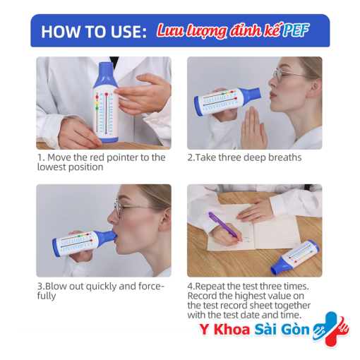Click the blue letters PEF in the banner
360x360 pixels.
pos(296,31)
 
